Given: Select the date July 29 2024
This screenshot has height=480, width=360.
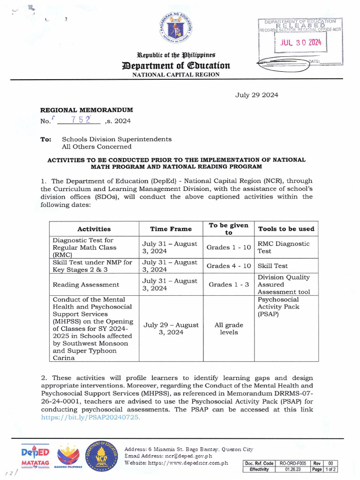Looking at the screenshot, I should tap(256, 95).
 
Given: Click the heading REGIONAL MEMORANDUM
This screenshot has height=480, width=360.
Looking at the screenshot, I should tap(87, 110).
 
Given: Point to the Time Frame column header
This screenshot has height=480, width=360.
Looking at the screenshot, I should tap(171, 229).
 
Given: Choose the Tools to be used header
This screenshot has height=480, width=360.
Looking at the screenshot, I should tap(286, 229).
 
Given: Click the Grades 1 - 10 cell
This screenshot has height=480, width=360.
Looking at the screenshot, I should tap(229, 247).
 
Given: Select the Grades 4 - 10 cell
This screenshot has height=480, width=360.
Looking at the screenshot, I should tap(229, 266).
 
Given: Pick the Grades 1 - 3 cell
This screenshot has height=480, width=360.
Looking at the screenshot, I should tap(229, 285).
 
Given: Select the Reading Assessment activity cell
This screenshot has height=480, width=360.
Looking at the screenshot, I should tap(86, 285).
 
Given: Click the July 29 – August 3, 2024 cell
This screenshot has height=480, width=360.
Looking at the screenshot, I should tap(171, 329).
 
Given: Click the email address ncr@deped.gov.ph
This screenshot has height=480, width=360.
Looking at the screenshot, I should tap(185, 456).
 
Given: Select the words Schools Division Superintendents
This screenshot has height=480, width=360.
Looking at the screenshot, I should tap(117, 139).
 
